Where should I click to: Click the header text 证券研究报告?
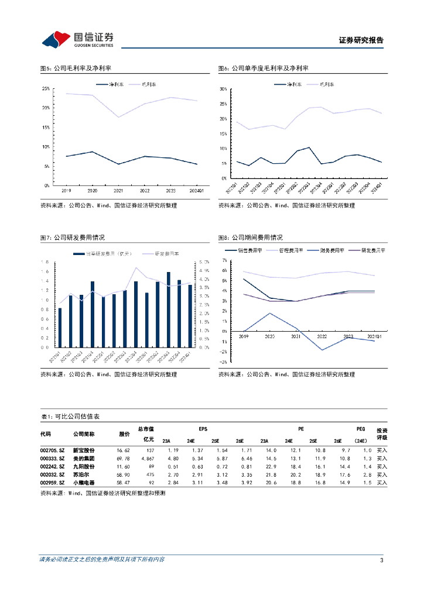361,40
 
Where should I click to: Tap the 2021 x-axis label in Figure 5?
119,191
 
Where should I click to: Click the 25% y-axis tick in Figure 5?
46,88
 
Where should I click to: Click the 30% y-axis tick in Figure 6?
223,89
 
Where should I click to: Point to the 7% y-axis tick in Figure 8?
224,259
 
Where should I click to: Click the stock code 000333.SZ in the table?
52,459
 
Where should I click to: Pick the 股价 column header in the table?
124,434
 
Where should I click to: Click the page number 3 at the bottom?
381,561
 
